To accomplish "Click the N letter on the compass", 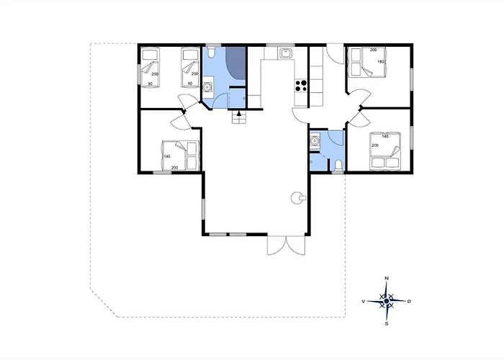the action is click(x=387, y=279).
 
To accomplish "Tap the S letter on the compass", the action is click(x=387, y=324).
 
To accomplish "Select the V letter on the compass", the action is click(x=363, y=302).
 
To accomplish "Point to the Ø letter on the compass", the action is click(x=409, y=301).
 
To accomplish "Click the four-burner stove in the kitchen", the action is click(x=301, y=85).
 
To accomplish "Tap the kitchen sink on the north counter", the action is click(x=285, y=53).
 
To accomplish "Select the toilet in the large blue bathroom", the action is click(x=211, y=52).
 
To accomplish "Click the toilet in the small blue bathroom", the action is click(x=338, y=166).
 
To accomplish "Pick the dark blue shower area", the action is click(x=235, y=63).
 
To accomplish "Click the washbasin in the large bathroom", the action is click(x=207, y=86).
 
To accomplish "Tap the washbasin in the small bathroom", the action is click(x=315, y=140).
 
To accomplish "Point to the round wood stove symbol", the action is click(x=297, y=198).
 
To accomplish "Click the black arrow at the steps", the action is click(x=238, y=113).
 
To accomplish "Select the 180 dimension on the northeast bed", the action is click(x=381, y=62).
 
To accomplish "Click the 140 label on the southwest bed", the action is click(x=167, y=156).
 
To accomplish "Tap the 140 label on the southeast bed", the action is click(x=385, y=136).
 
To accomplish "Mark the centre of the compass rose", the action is click(x=387, y=301).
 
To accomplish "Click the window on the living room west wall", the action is click(x=203, y=209).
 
